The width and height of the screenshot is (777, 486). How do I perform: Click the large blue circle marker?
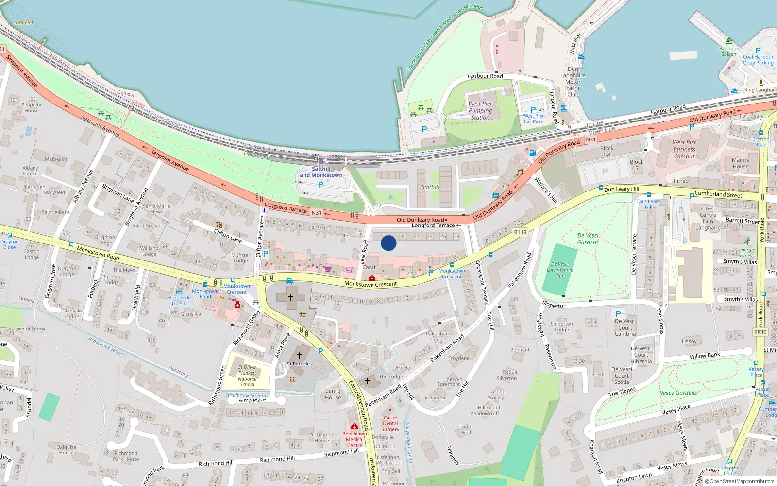coord(388,243)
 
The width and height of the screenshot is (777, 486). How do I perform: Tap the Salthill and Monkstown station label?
coord(321,172)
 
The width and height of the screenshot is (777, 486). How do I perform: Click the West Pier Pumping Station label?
coord(480,110)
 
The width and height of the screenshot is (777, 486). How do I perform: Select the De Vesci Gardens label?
coord(588,239)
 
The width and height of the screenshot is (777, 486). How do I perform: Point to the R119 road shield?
coord(520,232)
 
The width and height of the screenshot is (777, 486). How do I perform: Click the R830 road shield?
coord(760,332)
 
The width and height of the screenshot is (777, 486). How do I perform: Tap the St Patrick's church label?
coord(299,364)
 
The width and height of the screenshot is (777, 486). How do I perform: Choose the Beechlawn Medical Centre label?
coord(355,439)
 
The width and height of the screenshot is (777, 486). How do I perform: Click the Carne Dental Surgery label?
coord(390,423)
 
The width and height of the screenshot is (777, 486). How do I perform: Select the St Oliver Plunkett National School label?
coord(247,376)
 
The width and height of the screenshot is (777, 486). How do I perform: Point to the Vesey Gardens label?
coord(678,393)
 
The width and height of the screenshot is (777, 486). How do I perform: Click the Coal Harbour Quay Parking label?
coord(758,60)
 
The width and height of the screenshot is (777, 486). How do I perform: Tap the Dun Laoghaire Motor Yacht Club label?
coord(573,82)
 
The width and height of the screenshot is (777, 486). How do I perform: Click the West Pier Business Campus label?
coord(684,150)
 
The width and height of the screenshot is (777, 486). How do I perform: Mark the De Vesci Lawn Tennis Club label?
coord(560,270)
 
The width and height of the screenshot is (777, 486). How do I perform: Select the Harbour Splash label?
coord(728,51)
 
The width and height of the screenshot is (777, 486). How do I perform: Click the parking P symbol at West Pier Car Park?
coord(533,110)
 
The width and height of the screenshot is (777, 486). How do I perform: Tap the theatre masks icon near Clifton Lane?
coord(219,225)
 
